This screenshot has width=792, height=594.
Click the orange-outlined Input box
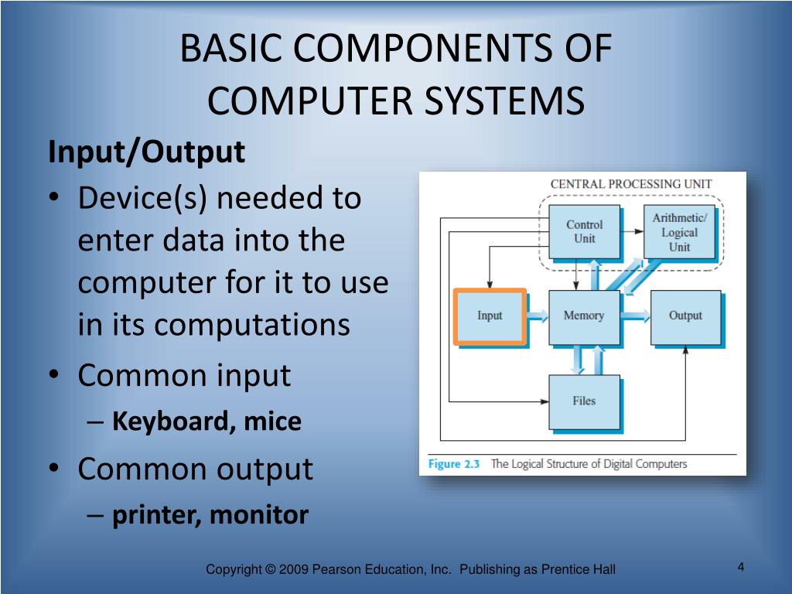click(490, 316)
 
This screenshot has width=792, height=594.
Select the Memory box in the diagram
click(584, 316)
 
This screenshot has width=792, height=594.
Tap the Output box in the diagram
click(685, 316)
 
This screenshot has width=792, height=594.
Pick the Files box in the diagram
click(584, 401)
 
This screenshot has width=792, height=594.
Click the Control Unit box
click(584, 231)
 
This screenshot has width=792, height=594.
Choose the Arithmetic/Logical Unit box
click(679, 232)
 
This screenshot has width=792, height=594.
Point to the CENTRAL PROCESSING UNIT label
click(630, 184)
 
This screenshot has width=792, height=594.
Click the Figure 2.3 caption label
click(455, 464)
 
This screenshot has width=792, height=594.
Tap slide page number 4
click(741, 568)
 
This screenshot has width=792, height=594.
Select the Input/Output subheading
click(146, 152)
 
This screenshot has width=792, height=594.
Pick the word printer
click(155, 515)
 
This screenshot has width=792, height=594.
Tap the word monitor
click(259, 515)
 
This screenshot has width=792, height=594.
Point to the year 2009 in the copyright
click(295, 570)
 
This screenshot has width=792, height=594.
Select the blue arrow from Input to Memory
click(538, 316)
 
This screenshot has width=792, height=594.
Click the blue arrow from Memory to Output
click(635, 316)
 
